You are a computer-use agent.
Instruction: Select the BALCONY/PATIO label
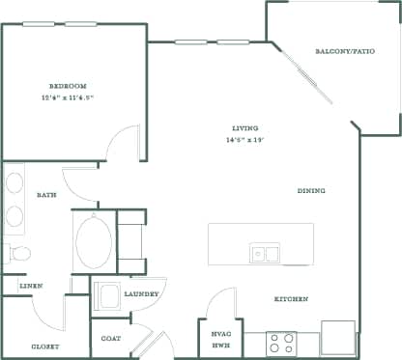coord(345,51)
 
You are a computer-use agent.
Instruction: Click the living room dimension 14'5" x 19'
coord(245,141)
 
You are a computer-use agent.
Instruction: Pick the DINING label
coord(311,191)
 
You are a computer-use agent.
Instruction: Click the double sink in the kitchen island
coord(265,254)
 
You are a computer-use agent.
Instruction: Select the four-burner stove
coord(282,343)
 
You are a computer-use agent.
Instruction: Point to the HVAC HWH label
coord(220,338)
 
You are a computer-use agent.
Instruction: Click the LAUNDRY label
coord(141,293)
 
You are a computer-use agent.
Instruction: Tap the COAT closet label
coord(110,339)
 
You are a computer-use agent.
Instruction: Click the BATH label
coord(46,195)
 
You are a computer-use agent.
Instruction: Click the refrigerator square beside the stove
coord(337,339)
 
